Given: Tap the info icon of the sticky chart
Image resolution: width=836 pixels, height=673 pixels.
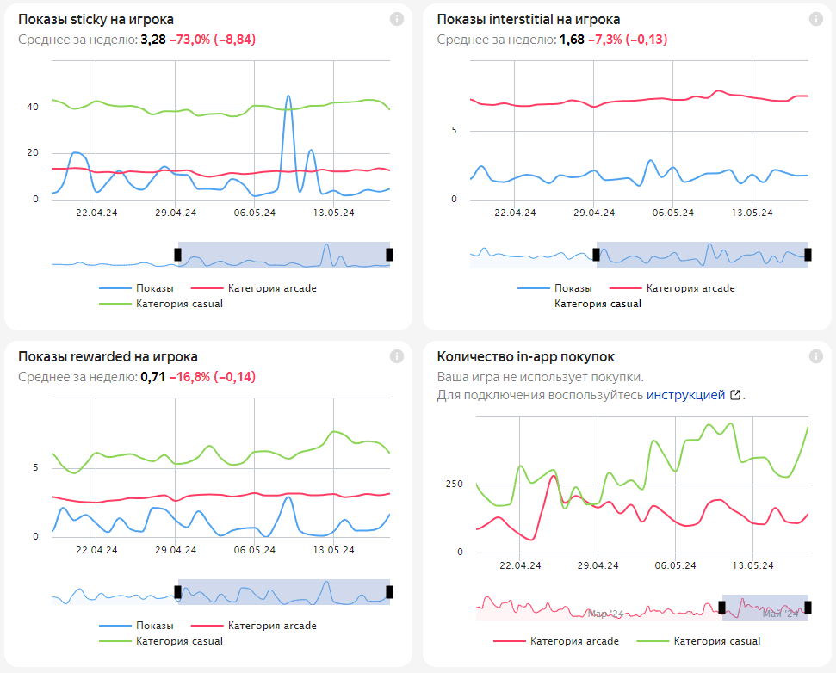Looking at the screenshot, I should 397,19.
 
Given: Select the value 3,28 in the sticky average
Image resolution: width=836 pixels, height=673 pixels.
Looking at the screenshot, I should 152,40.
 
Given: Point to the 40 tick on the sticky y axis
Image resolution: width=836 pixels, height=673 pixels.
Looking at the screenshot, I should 33,108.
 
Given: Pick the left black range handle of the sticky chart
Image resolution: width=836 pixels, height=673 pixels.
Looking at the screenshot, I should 178,254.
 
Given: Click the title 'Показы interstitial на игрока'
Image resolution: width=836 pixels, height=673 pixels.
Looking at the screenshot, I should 528,19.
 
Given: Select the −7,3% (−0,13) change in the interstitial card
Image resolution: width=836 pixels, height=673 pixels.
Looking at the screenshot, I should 628,40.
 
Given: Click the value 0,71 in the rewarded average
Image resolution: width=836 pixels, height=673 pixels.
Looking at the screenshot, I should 152,377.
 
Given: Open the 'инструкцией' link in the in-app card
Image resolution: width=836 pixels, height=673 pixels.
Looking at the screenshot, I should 685,395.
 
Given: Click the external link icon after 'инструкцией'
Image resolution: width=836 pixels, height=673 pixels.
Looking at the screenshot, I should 735,395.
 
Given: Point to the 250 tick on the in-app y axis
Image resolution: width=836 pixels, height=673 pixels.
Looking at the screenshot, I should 454,484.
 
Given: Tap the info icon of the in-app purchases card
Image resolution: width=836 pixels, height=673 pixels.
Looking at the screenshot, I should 815,356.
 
